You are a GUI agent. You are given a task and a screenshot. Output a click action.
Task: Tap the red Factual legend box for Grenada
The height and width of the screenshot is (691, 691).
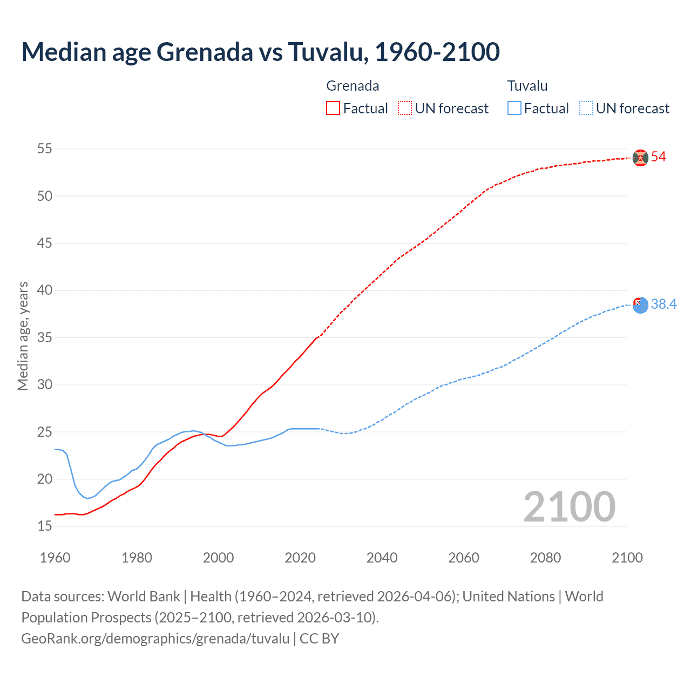point(333,109)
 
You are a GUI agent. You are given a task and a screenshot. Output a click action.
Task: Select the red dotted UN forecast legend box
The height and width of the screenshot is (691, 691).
point(405,109)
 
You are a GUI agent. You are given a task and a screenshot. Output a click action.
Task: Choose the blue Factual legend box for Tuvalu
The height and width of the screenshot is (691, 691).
point(514,109)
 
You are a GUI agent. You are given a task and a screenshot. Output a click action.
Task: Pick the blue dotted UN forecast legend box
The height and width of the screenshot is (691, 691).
point(586,109)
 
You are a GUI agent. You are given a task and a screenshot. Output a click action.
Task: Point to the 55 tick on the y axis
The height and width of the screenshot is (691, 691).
point(45,148)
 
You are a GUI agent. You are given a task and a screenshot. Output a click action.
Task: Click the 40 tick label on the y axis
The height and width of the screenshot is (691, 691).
point(45,290)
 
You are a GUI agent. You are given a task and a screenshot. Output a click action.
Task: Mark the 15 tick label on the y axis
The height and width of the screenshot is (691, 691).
point(45,526)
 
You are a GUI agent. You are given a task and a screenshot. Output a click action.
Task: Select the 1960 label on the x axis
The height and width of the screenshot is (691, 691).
point(55,558)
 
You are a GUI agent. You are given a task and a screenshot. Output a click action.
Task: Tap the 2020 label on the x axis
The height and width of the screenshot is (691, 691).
point(300,558)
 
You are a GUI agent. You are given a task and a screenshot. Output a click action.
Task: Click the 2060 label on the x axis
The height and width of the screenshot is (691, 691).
point(464,558)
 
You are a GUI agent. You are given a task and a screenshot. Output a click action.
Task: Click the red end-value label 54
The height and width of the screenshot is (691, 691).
point(659,157)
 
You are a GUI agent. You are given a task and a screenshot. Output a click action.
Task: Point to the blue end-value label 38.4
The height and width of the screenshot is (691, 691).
point(663,304)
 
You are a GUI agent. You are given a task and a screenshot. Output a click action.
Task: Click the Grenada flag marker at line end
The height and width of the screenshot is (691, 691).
point(640,158)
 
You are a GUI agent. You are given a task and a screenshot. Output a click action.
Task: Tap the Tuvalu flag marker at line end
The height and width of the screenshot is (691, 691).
point(640,305)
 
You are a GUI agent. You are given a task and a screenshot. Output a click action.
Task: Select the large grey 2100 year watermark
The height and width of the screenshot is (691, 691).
point(569,507)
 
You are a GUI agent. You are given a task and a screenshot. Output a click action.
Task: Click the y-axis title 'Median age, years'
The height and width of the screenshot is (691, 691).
point(23,336)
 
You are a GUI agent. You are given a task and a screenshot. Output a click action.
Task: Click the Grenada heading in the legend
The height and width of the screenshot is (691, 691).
point(353,86)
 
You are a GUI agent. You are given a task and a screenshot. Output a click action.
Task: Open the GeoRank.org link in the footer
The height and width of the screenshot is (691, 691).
point(155,639)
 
